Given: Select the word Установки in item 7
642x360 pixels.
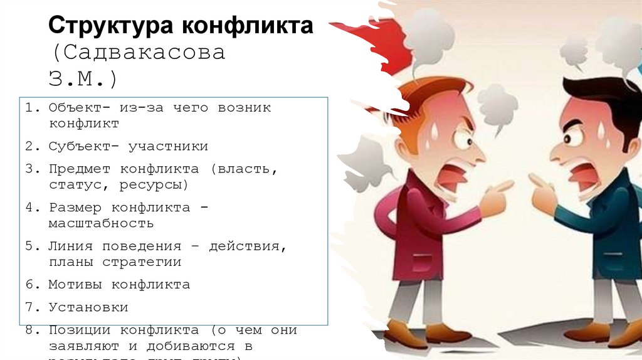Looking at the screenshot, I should [x=88, y=307].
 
